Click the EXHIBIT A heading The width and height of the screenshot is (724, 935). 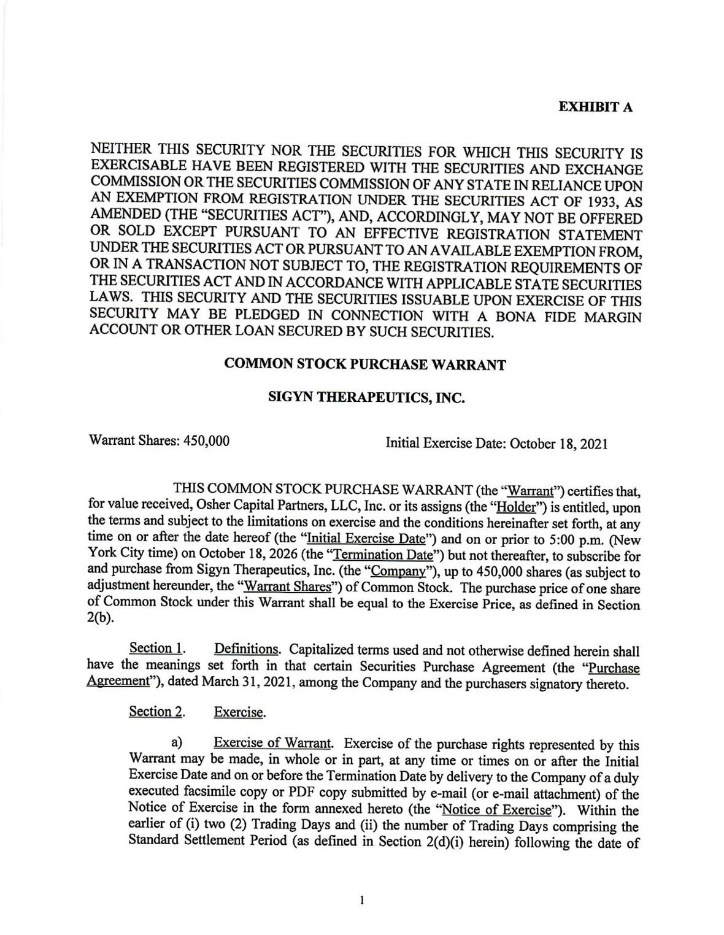click(595, 107)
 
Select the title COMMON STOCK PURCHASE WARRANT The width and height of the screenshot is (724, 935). click(365, 364)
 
